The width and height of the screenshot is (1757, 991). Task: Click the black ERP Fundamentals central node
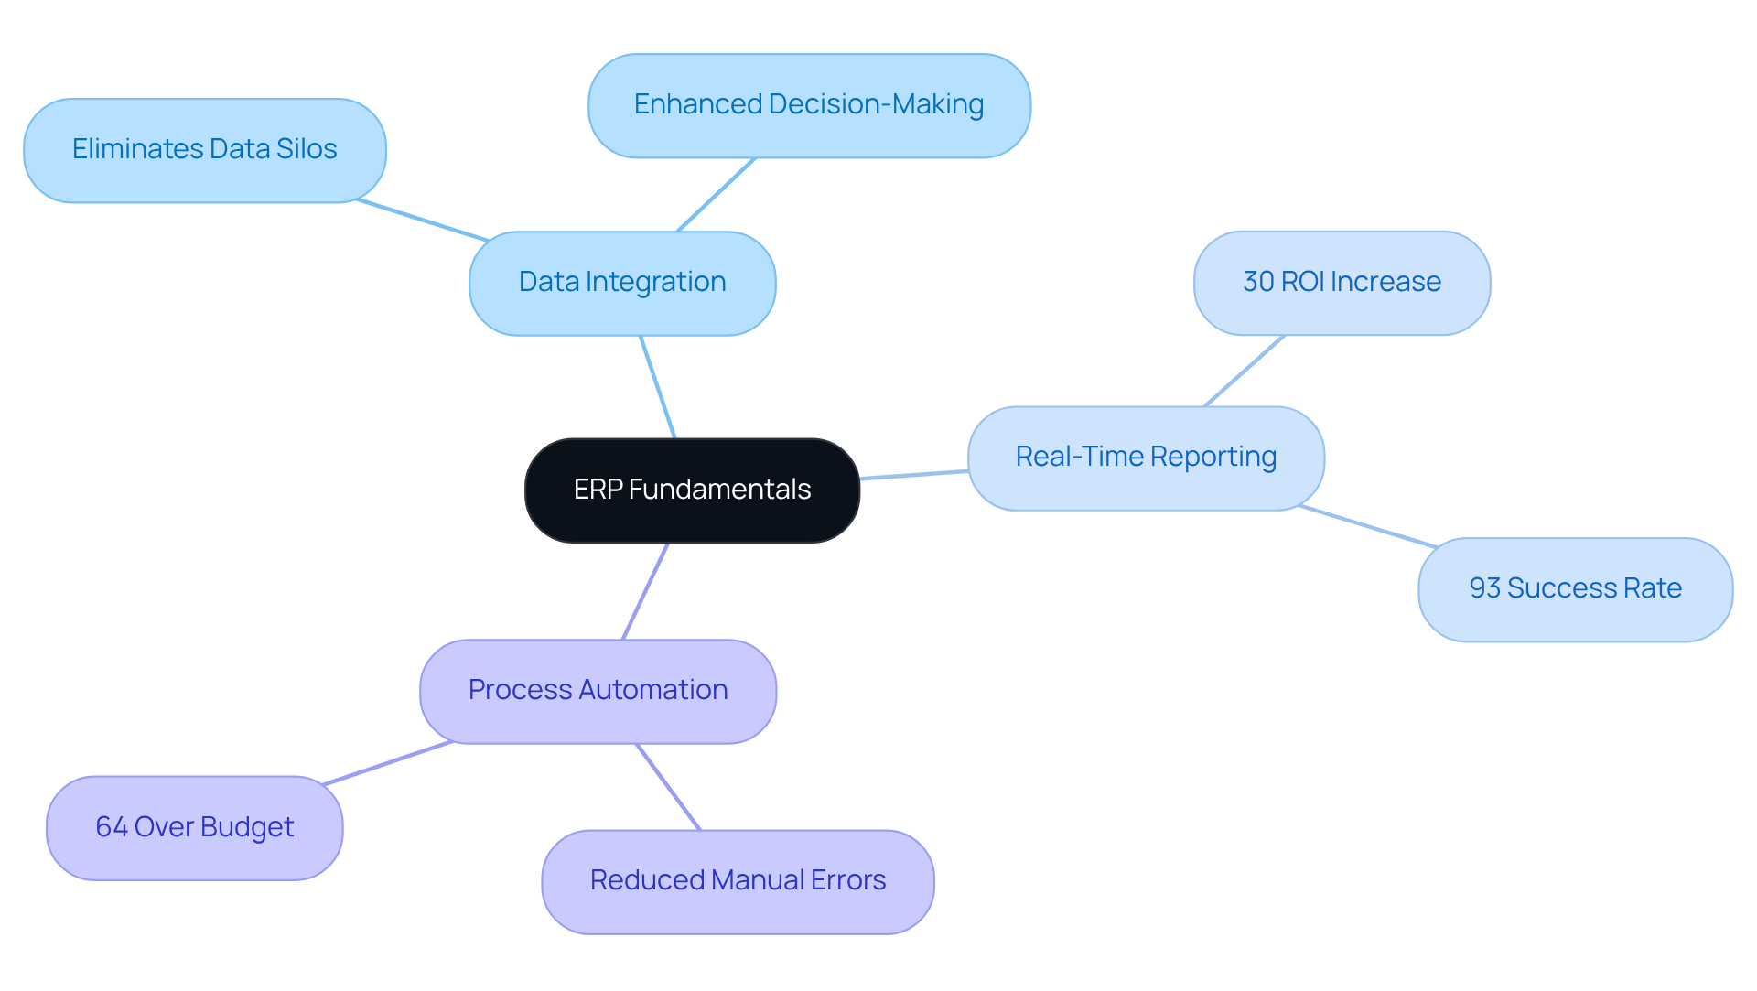coord(692,490)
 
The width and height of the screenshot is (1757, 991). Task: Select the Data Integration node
coord(622,283)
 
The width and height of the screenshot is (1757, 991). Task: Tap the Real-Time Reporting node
coord(1146,458)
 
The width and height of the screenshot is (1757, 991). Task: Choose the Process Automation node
coord(598,691)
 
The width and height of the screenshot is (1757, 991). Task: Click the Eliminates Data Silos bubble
coord(204,150)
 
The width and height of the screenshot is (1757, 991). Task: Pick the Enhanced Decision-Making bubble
coord(809,105)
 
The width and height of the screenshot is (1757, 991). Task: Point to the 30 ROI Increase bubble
coord(1342,283)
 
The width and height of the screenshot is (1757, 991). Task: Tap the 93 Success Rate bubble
coord(1575,589)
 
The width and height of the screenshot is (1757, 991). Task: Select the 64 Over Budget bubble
coord(194,828)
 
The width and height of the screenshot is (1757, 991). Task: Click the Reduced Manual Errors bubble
coord(738,881)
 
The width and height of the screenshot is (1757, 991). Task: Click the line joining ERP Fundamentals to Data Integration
coord(657,387)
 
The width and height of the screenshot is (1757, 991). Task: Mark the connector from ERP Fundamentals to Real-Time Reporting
coord(913,475)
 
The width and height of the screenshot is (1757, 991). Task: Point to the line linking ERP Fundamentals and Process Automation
coord(645,591)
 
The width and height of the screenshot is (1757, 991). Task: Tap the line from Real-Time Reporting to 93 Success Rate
coord(1368,526)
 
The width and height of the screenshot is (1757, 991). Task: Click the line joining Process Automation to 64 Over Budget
coord(388,763)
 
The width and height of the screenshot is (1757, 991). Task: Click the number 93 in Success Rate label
coord(1484,588)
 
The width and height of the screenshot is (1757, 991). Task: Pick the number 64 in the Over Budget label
coord(111,827)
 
